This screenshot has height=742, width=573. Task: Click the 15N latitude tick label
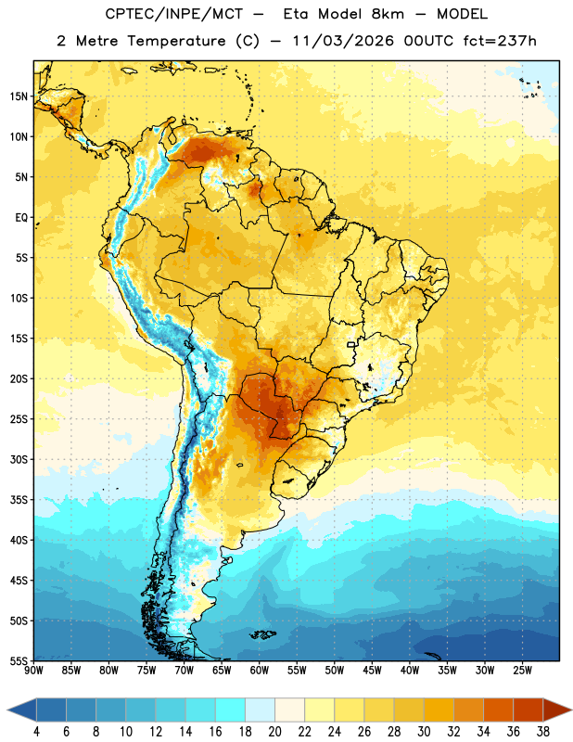pos(19,96)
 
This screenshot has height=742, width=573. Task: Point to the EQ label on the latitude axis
pos(21,218)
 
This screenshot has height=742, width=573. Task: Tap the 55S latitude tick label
pos(19,660)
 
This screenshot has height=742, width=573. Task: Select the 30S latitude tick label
pos(19,459)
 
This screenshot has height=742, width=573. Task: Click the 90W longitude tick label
pos(34,671)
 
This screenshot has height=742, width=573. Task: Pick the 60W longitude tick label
pos(260,671)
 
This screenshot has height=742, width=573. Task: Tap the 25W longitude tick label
pos(522,671)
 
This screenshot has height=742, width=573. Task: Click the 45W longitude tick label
pos(372,671)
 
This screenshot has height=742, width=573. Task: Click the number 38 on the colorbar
pos(543,732)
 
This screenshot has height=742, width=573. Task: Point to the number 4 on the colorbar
pos(36,732)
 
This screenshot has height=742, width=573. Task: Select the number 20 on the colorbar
pos(274,732)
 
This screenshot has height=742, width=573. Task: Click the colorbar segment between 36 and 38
pos(528,710)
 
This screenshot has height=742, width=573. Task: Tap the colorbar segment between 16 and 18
pos(230,710)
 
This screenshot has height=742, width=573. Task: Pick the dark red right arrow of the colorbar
pos(556,710)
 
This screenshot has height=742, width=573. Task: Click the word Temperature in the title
pos(176,41)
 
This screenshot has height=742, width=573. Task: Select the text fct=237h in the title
pos(500,41)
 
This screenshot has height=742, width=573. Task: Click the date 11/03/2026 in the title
pos(343,41)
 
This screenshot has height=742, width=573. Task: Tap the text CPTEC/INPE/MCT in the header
pos(174,14)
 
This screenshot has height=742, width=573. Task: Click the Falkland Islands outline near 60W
pos(262,634)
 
